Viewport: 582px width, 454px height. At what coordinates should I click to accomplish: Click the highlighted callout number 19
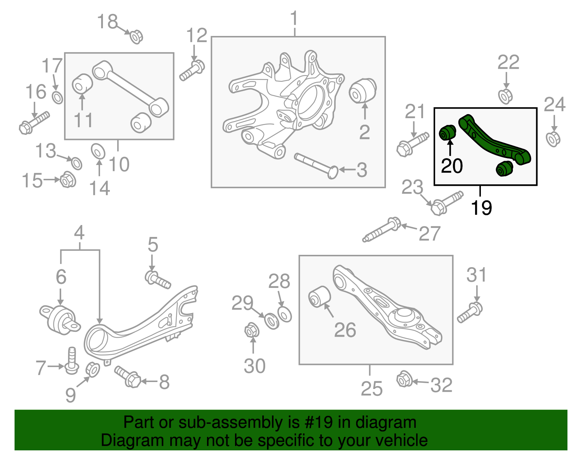(481, 208)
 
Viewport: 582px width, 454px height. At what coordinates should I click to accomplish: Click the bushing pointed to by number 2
(362, 91)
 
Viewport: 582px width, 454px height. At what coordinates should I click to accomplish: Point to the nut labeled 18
(136, 37)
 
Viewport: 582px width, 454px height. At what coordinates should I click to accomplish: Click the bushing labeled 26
(319, 296)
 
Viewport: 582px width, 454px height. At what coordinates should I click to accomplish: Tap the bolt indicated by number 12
(192, 71)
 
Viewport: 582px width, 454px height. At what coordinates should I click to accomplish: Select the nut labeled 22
(506, 96)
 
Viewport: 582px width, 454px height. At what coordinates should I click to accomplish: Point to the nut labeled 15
(67, 179)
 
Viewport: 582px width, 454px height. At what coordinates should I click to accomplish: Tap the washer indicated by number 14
(98, 151)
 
